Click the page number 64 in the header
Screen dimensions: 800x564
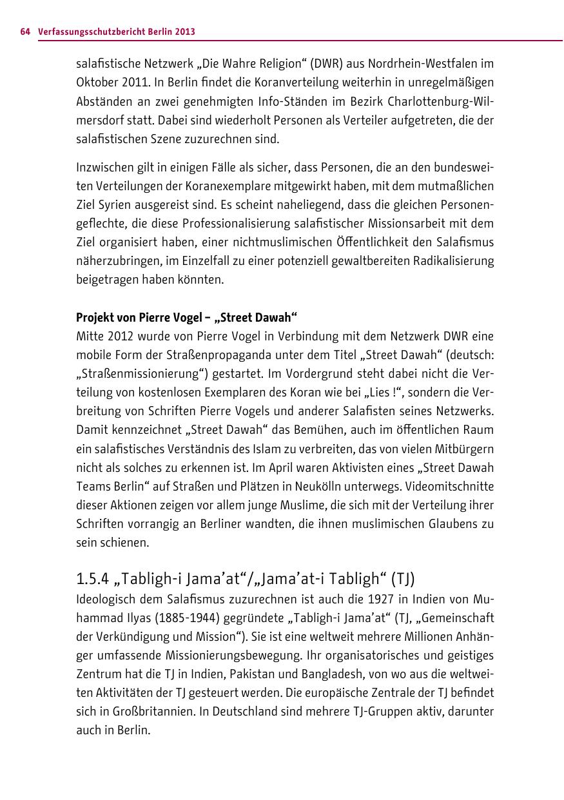point(25,31)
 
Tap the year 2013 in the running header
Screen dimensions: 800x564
point(184,31)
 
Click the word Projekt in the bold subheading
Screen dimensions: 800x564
point(94,318)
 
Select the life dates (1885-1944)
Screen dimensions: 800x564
point(188,618)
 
